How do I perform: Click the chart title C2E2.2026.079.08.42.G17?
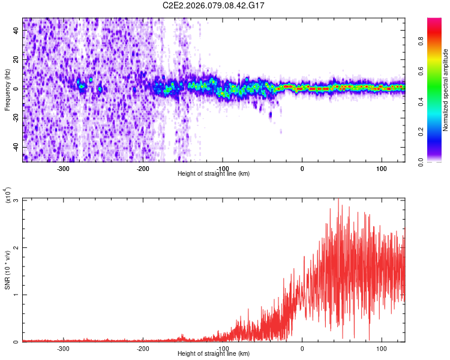(214, 5)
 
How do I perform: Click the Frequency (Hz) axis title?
(7, 89)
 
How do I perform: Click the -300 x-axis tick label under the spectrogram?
(63, 168)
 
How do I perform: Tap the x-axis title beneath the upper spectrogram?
(214, 174)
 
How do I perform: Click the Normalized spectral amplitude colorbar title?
(446, 90)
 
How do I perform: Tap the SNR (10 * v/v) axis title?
(7, 270)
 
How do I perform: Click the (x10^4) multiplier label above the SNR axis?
(7, 196)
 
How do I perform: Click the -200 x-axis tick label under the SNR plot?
(142, 349)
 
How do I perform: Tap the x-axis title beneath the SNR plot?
(214, 355)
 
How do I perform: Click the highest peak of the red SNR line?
(338, 199)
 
